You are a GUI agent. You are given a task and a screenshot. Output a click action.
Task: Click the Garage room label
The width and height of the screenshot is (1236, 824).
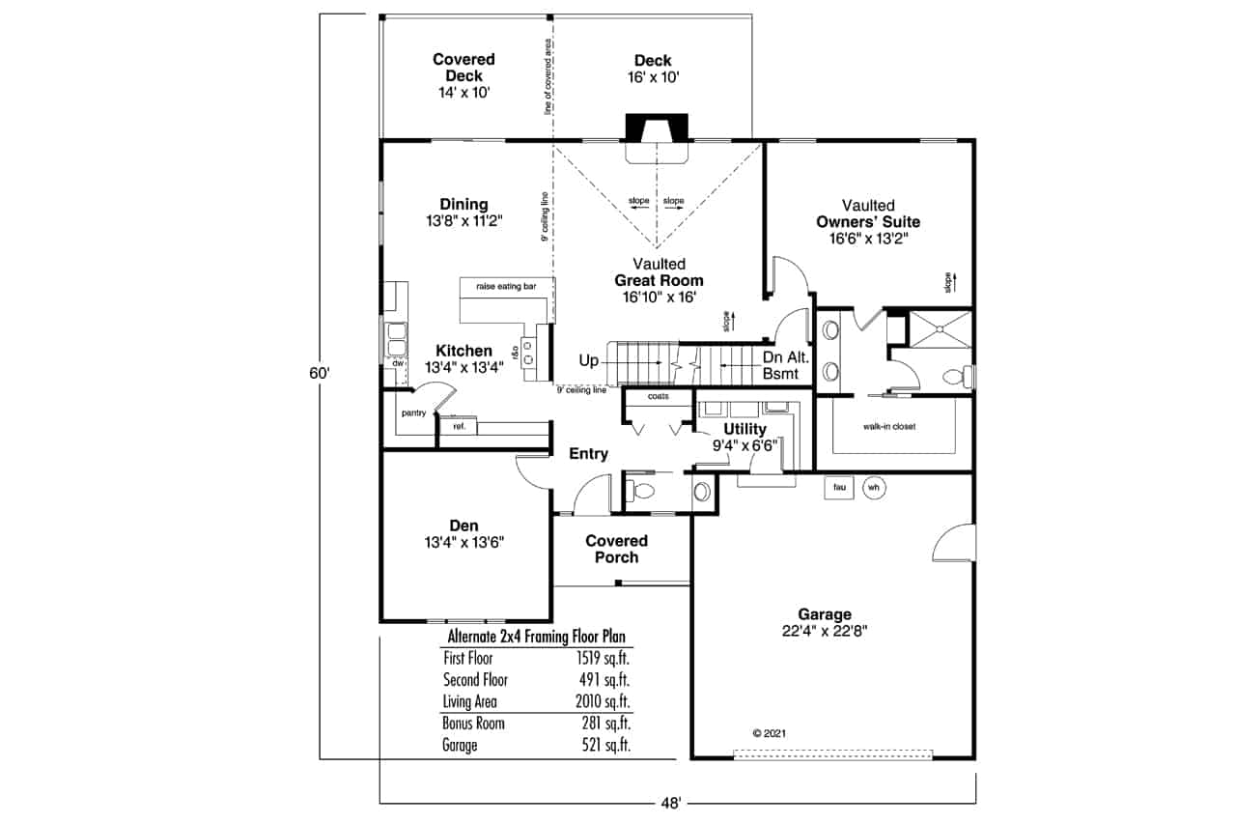[824, 613]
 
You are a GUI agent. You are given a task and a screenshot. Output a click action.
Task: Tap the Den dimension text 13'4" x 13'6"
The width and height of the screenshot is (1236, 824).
[464, 542]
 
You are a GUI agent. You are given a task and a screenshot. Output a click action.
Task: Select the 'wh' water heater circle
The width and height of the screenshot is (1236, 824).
[874, 488]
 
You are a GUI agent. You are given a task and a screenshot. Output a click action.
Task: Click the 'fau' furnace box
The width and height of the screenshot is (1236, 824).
[839, 488]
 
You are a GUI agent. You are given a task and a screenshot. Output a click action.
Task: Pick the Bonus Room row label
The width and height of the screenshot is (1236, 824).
[473, 724]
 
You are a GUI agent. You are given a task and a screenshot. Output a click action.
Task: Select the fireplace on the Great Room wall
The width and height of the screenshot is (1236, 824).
[658, 129]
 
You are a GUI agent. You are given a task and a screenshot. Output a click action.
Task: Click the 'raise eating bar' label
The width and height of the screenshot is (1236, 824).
[507, 286]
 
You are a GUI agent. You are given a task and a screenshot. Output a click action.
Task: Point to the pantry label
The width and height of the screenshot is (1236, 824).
[413, 412]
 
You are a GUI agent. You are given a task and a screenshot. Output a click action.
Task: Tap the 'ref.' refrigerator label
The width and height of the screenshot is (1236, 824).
[459, 425]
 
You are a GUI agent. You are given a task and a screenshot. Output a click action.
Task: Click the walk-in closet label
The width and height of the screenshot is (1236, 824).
[888, 426]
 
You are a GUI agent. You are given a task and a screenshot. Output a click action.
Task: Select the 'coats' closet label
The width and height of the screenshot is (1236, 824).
[658, 396]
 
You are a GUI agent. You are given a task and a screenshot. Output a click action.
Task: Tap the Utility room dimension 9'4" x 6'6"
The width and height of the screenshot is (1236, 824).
[745, 445]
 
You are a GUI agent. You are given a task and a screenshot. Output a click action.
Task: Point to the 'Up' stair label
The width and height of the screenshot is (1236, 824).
[588, 360]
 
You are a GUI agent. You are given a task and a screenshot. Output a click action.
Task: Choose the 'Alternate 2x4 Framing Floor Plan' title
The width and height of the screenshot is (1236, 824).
[536, 637]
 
